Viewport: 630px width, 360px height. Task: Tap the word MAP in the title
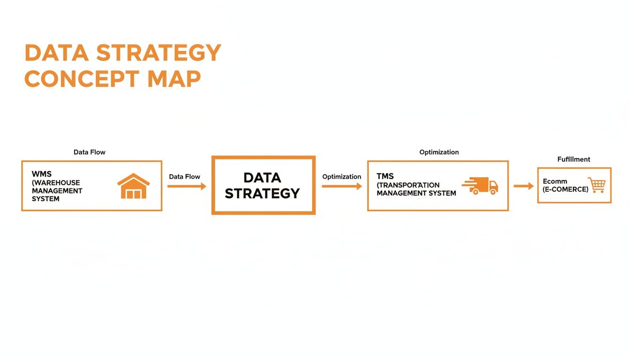[174, 79]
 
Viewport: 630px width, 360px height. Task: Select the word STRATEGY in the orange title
[159, 53]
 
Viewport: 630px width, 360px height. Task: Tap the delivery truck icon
[480, 186]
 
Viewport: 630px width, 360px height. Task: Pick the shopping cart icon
[597, 185]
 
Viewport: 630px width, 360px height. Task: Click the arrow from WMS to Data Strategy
[187, 187]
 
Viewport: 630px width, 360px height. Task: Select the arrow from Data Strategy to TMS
[342, 187]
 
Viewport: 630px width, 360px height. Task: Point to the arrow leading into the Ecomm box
[524, 186]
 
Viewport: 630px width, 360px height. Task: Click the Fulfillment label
[574, 159]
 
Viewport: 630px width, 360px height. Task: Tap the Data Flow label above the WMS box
[90, 152]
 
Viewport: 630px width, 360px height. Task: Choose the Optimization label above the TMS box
[439, 152]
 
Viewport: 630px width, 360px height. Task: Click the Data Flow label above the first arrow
[185, 177]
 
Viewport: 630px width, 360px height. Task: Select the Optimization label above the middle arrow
[342, 177]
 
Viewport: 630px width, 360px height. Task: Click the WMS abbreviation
[42, 174]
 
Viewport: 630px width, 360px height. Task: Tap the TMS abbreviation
[385, 176]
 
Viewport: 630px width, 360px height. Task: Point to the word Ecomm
[555, 181]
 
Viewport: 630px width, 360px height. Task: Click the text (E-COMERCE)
[565, 189]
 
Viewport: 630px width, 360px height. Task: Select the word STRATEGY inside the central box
[262, 193]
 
